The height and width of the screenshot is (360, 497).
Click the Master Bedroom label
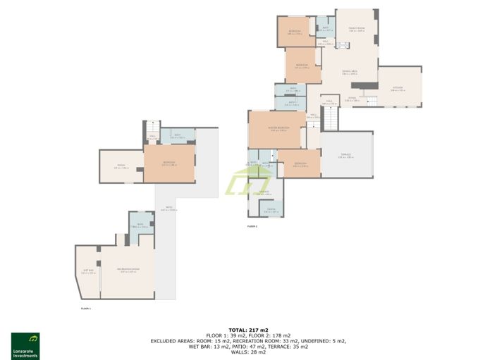(278, 129)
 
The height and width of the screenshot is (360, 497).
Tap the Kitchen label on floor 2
(398, 89)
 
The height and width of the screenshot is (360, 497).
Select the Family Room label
(356, 30)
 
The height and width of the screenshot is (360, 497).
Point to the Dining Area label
(350, 73)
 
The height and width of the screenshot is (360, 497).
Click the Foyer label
(352, 99)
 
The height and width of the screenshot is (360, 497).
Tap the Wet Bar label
(88, 271)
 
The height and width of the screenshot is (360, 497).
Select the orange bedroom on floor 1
(169, 163)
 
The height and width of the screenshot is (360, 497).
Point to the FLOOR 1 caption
(86, 308)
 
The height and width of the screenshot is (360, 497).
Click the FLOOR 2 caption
(252, 227)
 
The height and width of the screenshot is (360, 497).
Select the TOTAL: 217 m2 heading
(248, 330)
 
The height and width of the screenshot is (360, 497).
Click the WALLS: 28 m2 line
(248, 352)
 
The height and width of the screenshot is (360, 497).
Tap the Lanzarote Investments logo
(25, 345)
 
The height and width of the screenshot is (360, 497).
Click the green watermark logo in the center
(247, 182)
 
